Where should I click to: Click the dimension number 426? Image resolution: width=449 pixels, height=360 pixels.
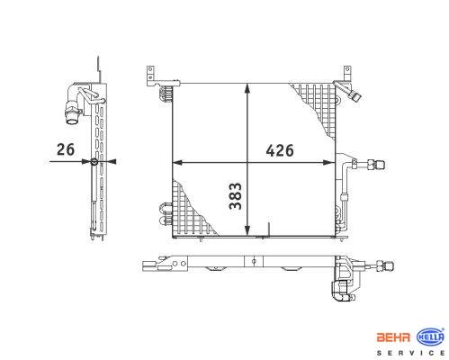pyautogui.click(x=280, y=150)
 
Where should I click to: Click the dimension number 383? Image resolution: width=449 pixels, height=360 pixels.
pyautogui.click(x=235, y=196)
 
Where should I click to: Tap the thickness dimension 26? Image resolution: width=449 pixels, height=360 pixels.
pyautogui.click(x=66, y=149)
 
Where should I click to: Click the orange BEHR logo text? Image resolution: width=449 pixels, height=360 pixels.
pyautogui.click(x=393, y=337)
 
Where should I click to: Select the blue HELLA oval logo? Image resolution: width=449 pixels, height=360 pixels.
pyautogui.click(x=430, y=337)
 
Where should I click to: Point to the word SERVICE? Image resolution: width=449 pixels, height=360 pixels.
pyautogui.click(x=410, y=353)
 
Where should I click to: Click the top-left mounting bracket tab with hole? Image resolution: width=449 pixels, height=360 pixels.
pyautogui.click(x=150, y=76)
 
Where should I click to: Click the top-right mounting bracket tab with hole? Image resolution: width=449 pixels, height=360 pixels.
pyautogui.click(x=347, y=74)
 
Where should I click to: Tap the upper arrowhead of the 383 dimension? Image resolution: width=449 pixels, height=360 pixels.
pyautogui.click(x=247, y=88)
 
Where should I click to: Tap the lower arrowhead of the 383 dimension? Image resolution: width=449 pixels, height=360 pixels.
pyautogui.click(x=247, y=230)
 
